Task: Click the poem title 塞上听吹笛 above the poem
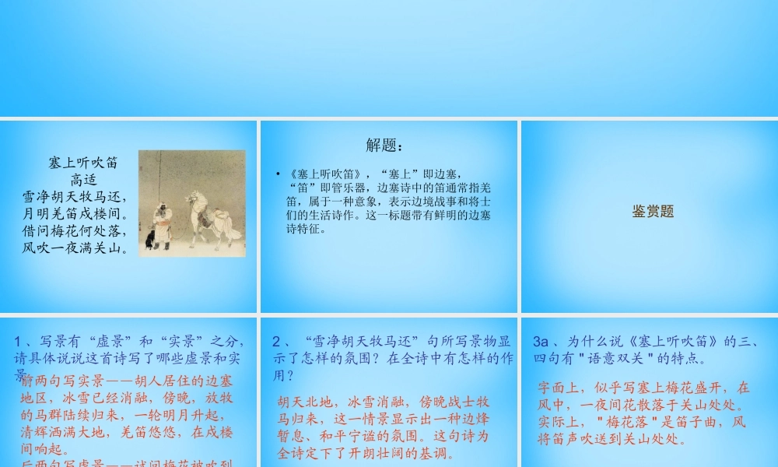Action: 82,163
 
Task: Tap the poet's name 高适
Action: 82,180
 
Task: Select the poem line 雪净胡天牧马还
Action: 75,197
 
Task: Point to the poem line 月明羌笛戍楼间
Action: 75,214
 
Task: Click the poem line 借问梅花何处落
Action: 75,231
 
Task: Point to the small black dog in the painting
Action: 149,239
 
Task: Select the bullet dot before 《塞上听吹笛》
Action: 278,173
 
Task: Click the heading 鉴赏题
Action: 652,211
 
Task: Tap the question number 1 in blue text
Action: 18,341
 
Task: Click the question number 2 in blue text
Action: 276,341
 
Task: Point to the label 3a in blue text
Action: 541,341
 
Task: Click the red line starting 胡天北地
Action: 384,402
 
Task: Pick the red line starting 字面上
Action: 643,387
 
